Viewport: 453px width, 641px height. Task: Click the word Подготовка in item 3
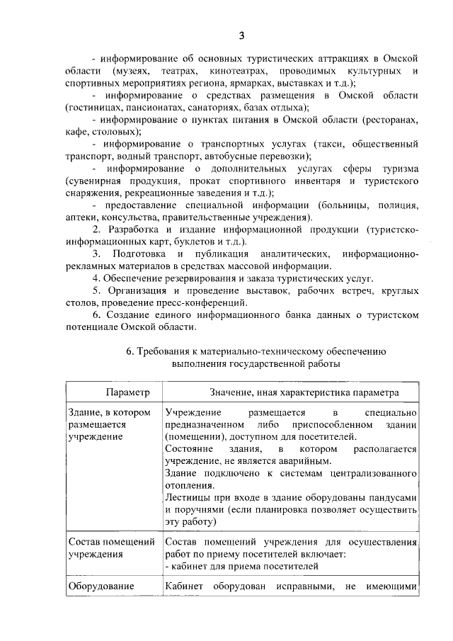[x=142, y=254]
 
